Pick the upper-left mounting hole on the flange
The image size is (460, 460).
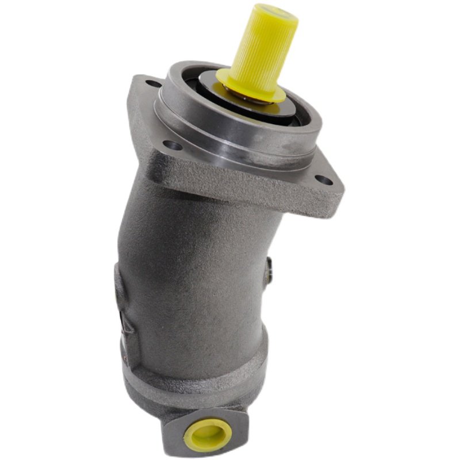[x=154, y=84]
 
